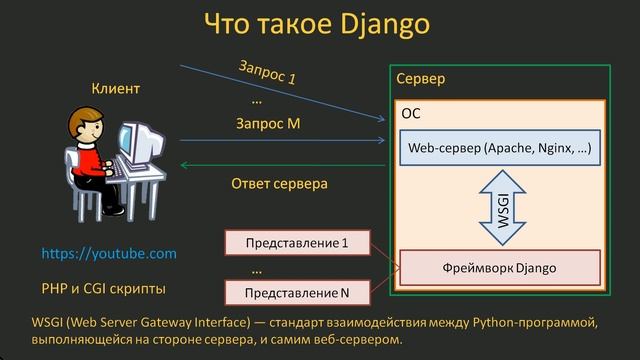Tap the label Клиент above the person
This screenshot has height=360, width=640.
pos(116,89)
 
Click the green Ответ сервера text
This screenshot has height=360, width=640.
pos(279,184)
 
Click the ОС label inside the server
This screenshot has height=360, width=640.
pos(411,114)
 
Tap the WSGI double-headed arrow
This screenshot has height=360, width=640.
pos(502,210)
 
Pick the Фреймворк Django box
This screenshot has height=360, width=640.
pos(499,268)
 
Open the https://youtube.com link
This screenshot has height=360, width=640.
pos(109,254)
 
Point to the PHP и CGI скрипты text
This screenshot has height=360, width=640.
pos(103,288)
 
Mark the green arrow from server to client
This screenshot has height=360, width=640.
pos(280,166)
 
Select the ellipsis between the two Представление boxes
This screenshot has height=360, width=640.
pos(256,269)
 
